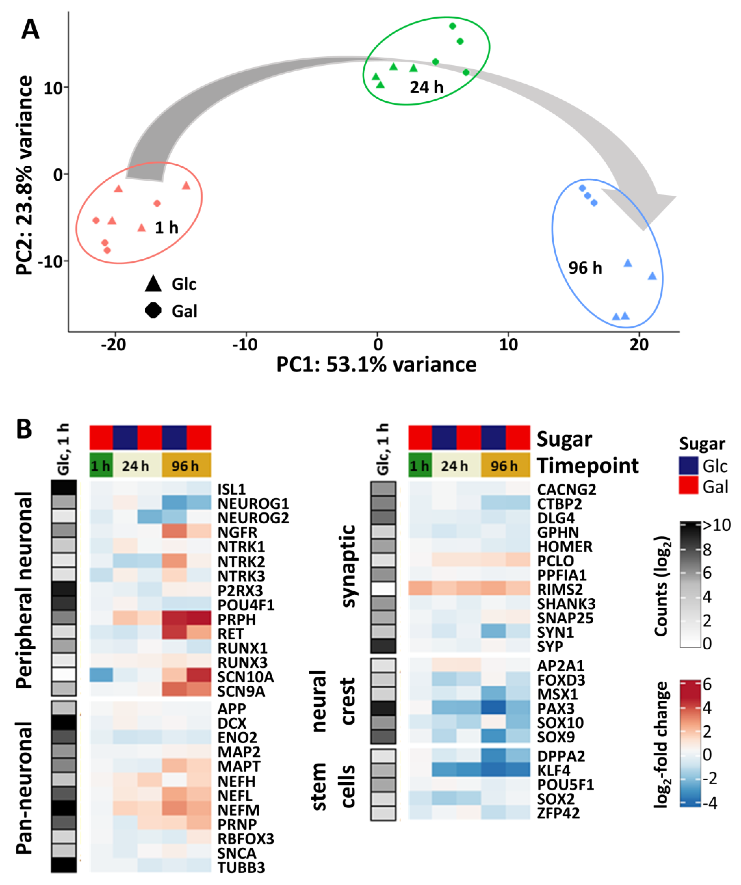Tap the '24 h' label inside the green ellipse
[x=426, y=87]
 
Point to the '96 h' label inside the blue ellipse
[x=585, y=268]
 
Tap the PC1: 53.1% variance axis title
[x=376, y=365]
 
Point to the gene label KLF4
[x=553, y=770]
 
